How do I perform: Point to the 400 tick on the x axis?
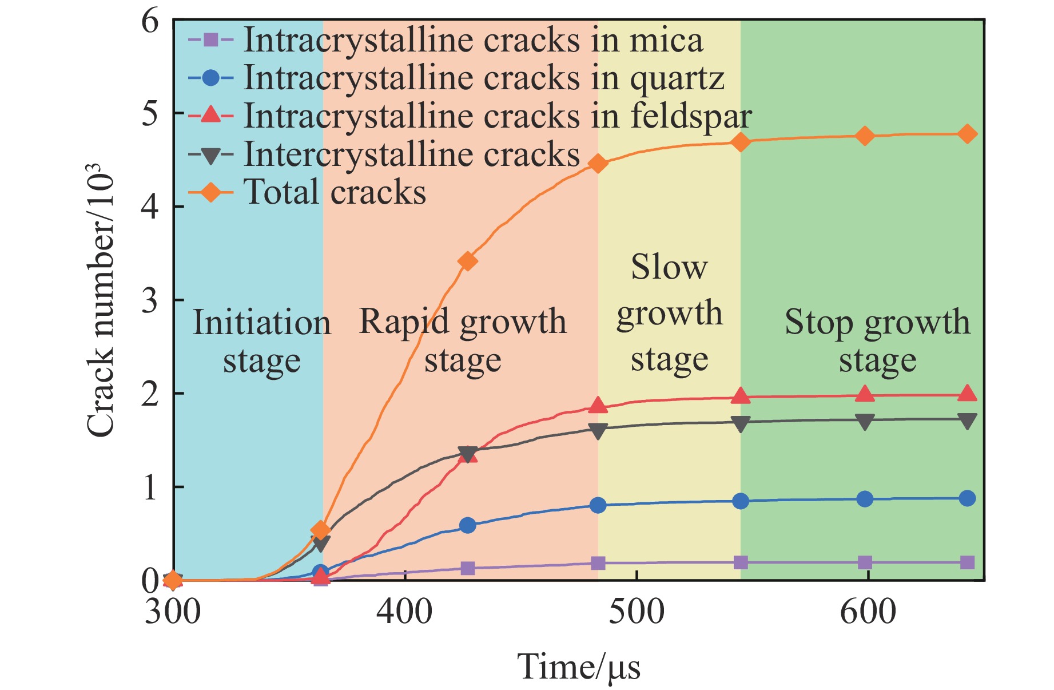coord(404,612)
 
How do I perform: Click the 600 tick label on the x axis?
coord(868,612)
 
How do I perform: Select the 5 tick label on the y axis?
coord(150,114)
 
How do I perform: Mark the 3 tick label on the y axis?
coord(150,300)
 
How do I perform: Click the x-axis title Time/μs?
coord(579,667)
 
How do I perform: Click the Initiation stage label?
coord(262,341)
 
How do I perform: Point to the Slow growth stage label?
coord(670,314)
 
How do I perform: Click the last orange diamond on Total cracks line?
coord(967,134)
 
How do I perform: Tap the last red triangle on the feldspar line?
coord(967,394)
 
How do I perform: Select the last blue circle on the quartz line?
coord(967,498)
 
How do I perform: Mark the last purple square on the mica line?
coord(967,562)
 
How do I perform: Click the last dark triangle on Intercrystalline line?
coord(967,421)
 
